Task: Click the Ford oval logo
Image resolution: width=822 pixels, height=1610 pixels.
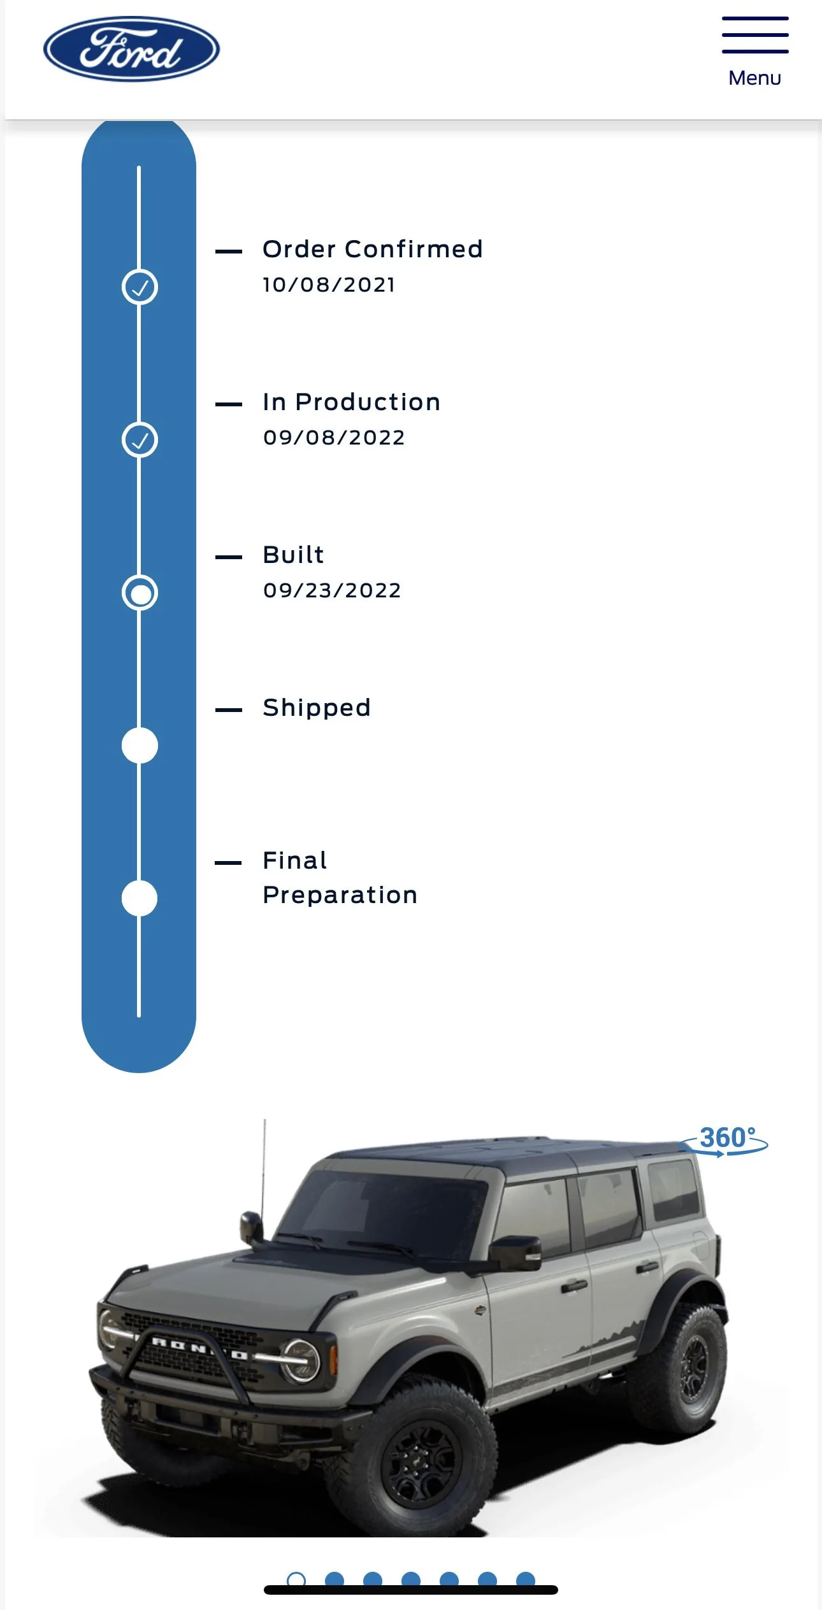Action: click(x=131, y=49)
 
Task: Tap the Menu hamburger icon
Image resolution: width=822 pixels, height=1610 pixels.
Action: click(x=755, y=35)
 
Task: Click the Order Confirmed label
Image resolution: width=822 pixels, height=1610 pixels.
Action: click(x=373, y=249)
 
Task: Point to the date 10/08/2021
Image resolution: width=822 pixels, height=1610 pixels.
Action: click(x=329, y=285)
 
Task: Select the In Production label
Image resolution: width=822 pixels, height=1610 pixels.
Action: click(x=352, y=402)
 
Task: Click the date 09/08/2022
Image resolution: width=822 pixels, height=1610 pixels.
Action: click(x=334, y=438)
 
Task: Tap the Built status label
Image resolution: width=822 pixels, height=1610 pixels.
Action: click(x=294, y=555)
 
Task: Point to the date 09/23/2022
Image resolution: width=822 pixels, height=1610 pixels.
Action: click(x=332, y=590)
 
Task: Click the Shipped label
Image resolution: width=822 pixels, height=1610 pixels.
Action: click(x=317, y=708)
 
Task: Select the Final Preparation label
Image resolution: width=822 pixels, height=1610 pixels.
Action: click(x=340, y=878)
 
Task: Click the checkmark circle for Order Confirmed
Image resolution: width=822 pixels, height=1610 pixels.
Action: click(x=140, y=287)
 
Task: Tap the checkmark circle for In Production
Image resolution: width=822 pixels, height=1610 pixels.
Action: click(x=140, y=440)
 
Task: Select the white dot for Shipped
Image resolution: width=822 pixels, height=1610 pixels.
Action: click(x=140, y=746)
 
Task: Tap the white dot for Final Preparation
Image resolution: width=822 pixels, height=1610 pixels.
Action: click(x=140, y=899)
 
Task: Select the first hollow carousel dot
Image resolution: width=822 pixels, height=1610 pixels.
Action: click(x=296, y=1573)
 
